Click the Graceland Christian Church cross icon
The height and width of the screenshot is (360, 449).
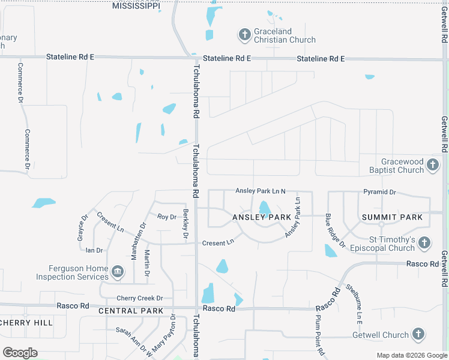244,35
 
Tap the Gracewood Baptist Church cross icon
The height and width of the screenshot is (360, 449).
432,164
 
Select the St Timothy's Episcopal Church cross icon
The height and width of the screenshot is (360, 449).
424,243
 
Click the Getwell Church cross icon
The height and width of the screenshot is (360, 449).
419,335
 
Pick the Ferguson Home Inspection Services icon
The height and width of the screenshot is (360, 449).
118,272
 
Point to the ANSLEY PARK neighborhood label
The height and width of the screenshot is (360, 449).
262,217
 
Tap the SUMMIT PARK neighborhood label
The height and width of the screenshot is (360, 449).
392,217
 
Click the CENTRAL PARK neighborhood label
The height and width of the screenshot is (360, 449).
131,311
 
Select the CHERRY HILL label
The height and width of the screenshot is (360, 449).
26,322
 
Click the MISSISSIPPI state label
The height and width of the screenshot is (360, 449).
136,6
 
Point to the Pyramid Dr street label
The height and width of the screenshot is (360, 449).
379,192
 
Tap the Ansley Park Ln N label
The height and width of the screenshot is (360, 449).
260,191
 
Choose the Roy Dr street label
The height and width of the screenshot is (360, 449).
167,217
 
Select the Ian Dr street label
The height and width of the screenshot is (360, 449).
94,250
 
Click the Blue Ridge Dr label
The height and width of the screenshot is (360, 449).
335,230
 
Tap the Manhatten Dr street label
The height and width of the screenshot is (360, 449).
139,241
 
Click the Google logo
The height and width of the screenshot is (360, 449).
20,353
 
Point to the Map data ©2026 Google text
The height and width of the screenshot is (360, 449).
411,355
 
